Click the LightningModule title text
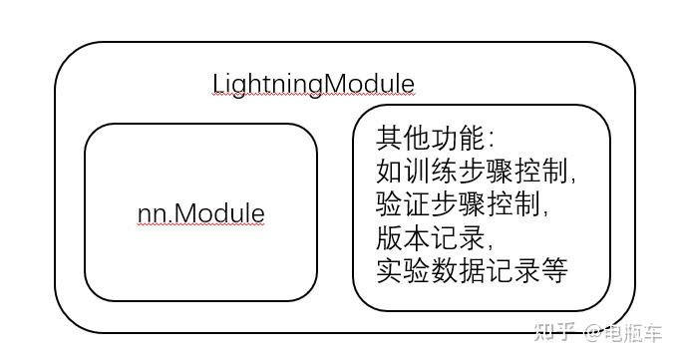pyautogui.click(x=313, y=84)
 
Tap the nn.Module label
pyautogui.click(x=200, y=213)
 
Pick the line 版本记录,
pyautogui.click(x=435, y=238)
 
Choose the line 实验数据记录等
pyautogui.click(x=473, y=270)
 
